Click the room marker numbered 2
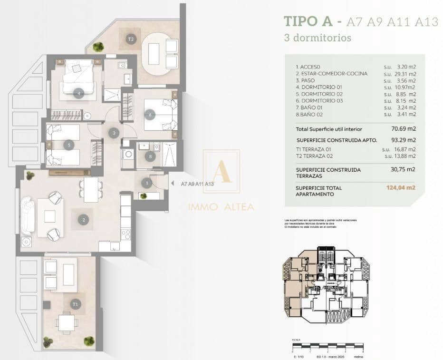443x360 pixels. point(84,220)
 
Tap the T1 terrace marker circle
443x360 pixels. point(75,303)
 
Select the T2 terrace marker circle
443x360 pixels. point(130,39)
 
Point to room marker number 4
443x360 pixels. point(79,94)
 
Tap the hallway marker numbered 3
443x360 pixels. point(113,133)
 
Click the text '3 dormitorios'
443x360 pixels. point(318,37)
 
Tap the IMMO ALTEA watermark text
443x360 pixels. point(221,207)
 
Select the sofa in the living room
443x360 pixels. point(26,215)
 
